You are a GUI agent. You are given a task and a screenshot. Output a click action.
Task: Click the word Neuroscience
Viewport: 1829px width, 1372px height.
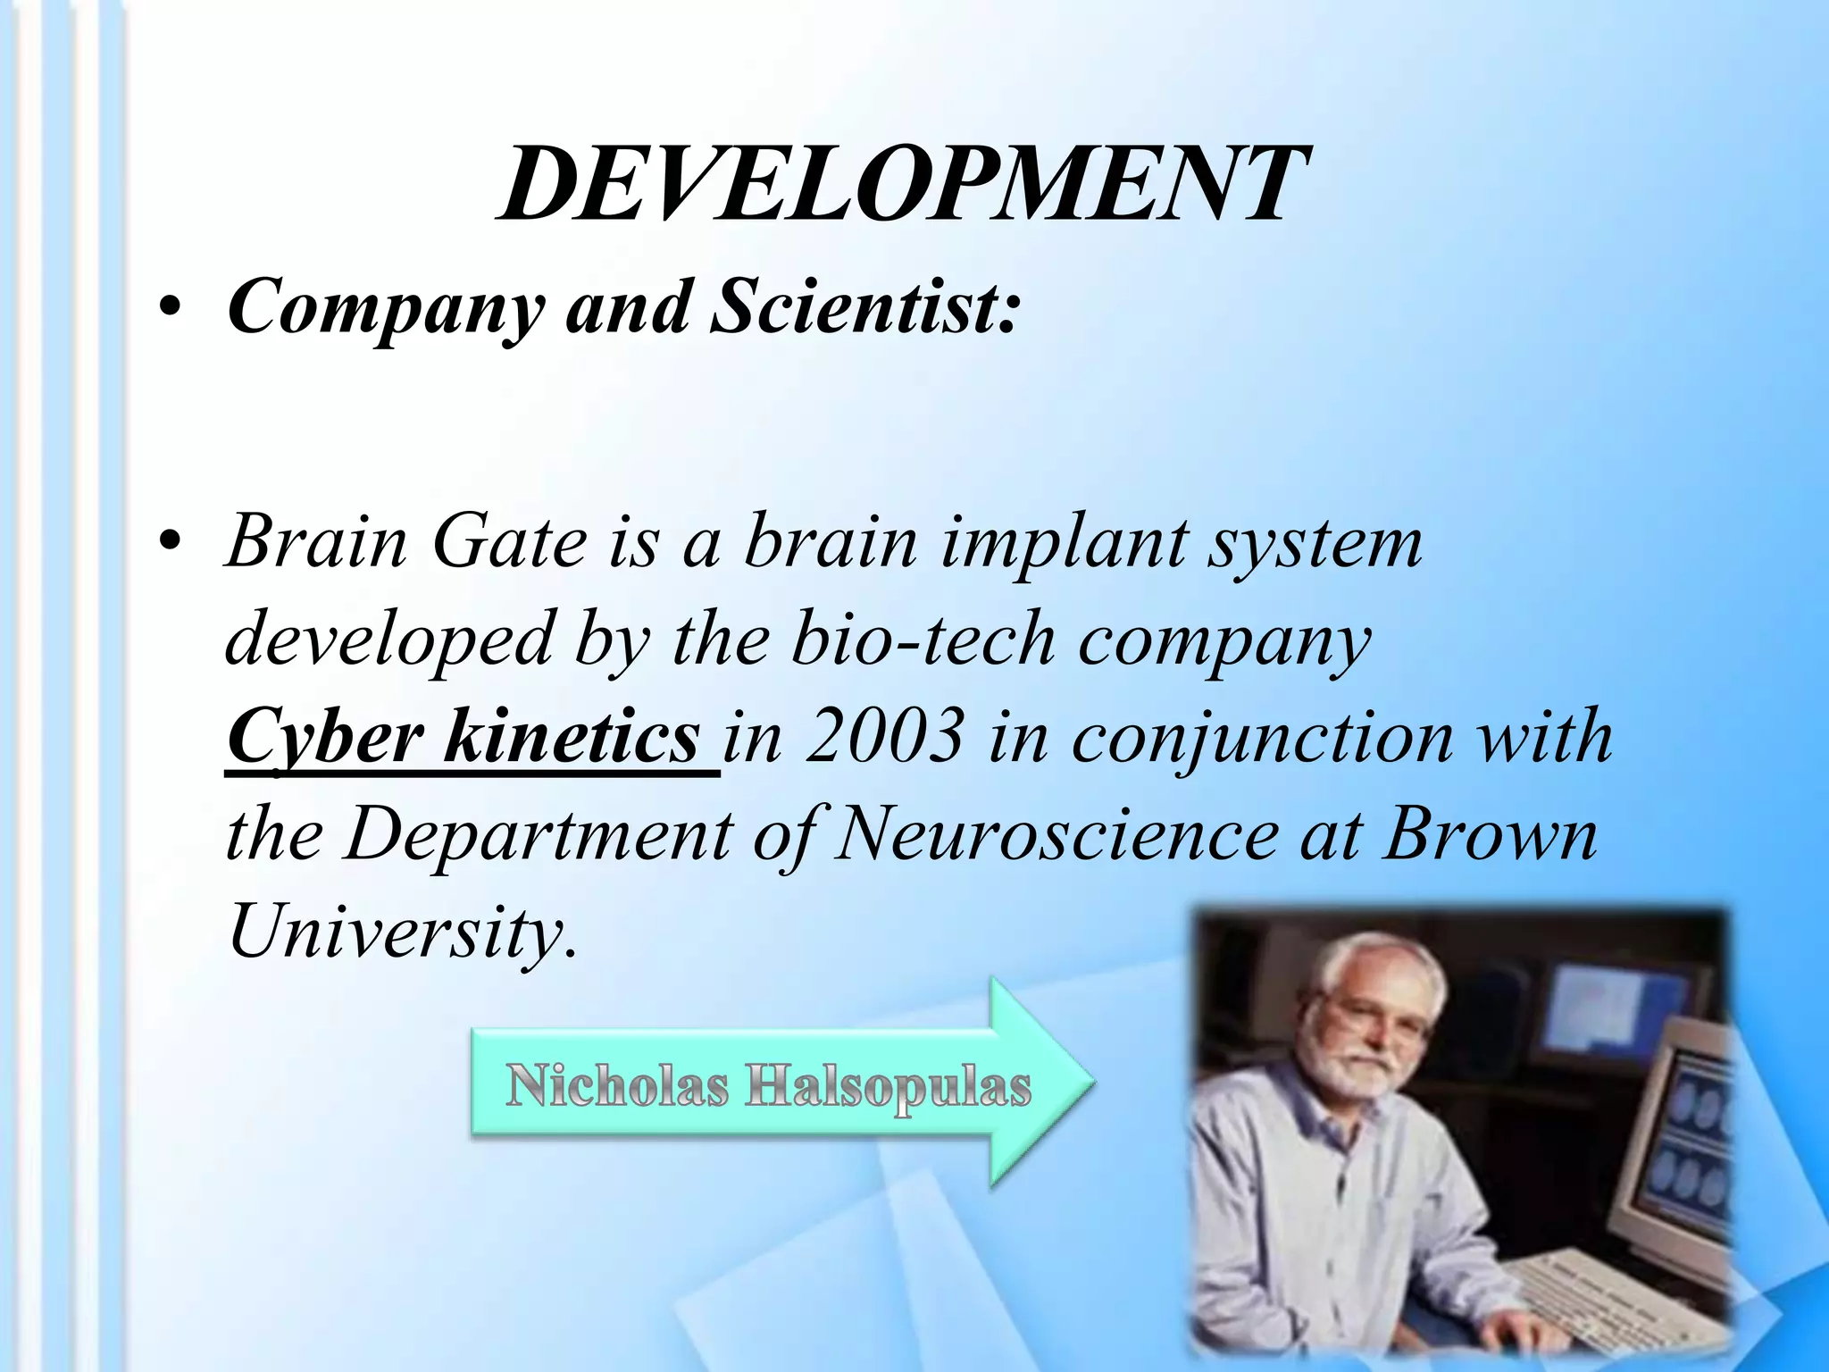1054,835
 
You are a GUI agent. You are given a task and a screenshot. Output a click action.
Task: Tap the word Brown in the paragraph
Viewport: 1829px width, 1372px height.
1490,835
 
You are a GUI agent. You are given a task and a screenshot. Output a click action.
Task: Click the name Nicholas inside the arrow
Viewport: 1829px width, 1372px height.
616,1086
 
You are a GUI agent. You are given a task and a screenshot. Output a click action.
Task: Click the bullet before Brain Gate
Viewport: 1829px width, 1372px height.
171,542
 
